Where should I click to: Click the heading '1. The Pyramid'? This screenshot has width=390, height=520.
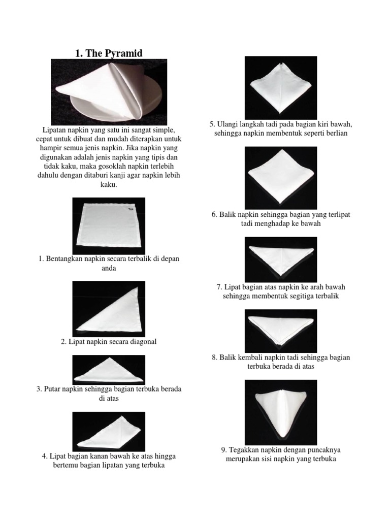point(109,53)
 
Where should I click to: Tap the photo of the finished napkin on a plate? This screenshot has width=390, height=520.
point(109,92)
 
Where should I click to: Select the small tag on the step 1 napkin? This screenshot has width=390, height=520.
point(132,207)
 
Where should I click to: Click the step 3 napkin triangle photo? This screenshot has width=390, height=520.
point(109,369)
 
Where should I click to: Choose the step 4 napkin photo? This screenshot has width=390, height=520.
point(109,431)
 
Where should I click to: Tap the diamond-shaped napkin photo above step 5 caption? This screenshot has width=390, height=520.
point(281,88)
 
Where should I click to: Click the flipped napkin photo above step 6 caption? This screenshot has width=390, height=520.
point(281,177)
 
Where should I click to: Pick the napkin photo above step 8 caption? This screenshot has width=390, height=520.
point(281,331)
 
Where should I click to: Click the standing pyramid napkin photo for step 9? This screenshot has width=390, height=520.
point(281,410)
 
